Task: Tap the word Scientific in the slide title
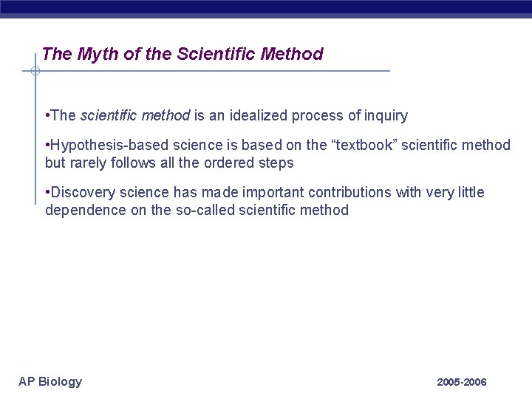point(228,54)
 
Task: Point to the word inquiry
point(386,115)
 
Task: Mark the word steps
point(275,163)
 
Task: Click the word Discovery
point(80,193)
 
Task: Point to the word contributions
point(349,193)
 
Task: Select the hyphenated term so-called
point(194,210)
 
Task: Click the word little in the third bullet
point(470,193)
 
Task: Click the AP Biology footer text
point(50,381)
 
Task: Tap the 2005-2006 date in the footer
point(462,382)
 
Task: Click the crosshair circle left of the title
point(35,72)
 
